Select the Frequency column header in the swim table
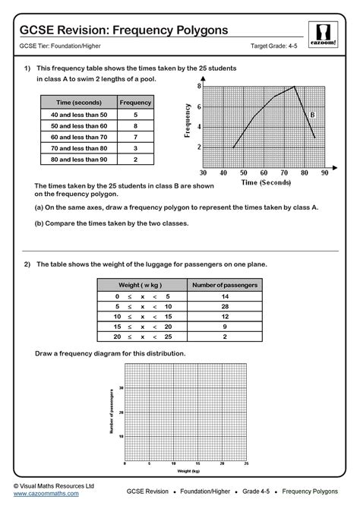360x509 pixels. (136, 102)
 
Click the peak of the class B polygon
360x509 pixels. (295, 87)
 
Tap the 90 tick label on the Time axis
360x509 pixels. (324, 173)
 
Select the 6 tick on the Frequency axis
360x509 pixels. (199, 106)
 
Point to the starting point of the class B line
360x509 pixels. (234, 147)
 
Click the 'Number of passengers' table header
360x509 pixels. (224, 284)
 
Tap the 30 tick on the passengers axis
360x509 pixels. (122, 387)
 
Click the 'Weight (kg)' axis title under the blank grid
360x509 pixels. (185, 471)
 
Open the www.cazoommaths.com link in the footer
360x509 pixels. (46, 494)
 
